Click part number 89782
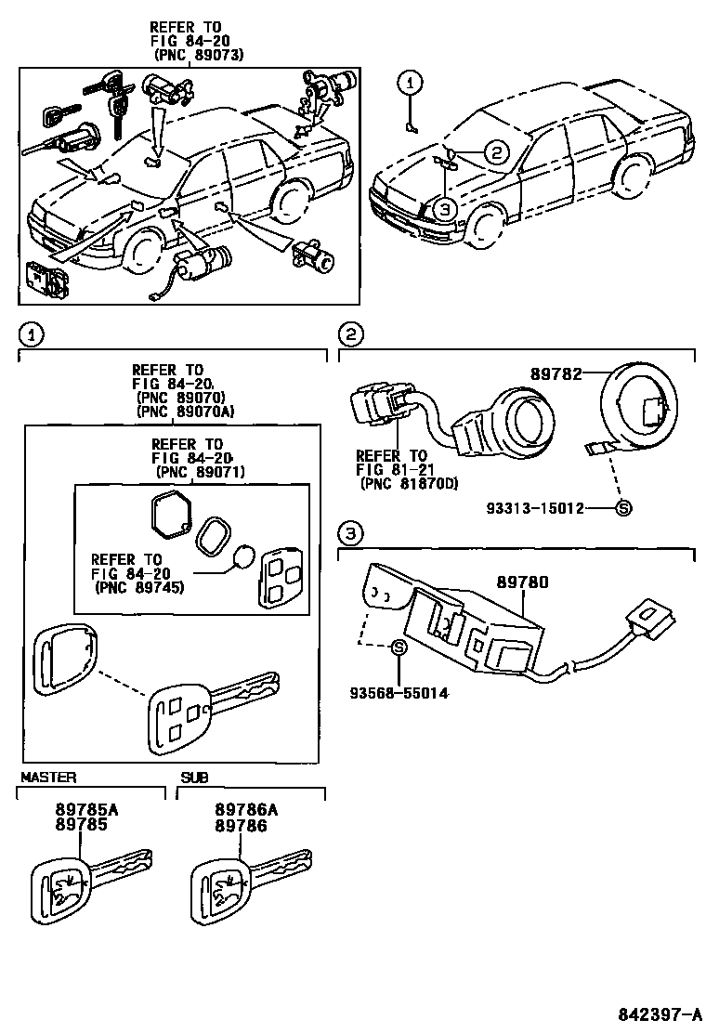coord(556,373)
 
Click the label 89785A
coord(80,809)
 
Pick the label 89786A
coord(240,809)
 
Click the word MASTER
coord(48,777)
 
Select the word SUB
coord(194,777)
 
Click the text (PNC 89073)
coord(198,55)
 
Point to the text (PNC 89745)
coord(137,587)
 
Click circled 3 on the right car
coord(445,209)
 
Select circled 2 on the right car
coord(496,154)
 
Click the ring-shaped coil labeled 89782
coord(641,405)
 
